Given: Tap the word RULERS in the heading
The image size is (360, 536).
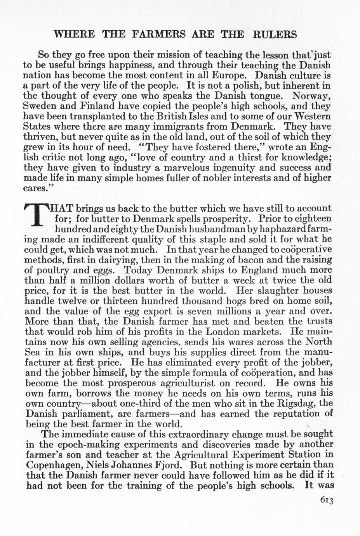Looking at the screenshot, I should pos(275,35).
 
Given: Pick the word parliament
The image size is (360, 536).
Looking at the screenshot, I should pos(81,414).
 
